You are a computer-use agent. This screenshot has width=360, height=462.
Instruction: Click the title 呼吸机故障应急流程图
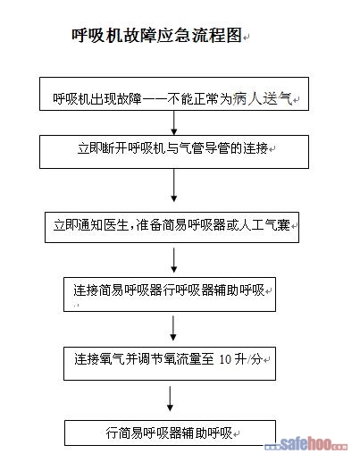click(156, 36)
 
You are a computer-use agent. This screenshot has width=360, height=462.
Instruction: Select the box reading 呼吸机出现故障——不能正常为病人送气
click(174, 94)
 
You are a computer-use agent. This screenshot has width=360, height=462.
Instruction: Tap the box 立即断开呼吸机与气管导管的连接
click(174, 152)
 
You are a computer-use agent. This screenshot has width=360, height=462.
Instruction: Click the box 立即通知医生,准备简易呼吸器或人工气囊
click(172, 227)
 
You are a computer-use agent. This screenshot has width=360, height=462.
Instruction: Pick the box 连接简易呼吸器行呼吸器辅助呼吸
click(170, 295)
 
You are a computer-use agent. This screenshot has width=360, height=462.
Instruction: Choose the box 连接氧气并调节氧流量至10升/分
click(170, 364)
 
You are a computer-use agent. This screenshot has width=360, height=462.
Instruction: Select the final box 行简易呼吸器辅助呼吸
click(170, 433)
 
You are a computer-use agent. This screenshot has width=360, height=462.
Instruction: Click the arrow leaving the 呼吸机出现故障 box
click(174, 123)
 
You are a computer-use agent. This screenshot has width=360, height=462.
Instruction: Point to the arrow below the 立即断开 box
click(174, 185)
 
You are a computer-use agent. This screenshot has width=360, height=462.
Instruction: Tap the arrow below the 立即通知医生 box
click(174, 260)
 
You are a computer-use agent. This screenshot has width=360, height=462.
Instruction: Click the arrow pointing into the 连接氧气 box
click(173, 328)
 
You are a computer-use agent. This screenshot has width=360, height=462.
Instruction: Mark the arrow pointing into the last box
click(170, 399)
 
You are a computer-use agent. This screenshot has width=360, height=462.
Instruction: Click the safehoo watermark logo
click(306, 444)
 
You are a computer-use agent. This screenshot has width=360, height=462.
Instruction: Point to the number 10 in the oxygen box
click(225, 359)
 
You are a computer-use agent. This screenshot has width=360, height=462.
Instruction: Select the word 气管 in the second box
click(191, 148)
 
